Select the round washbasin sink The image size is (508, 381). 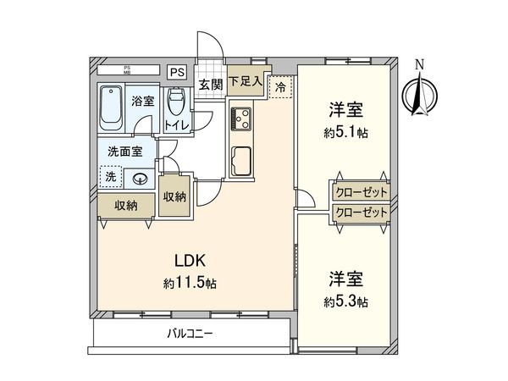139,179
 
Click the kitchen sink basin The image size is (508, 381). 240,160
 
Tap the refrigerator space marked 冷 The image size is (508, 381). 279,86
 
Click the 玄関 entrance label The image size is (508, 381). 210,84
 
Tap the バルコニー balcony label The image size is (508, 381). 189,334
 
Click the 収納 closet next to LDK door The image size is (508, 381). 176,196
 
